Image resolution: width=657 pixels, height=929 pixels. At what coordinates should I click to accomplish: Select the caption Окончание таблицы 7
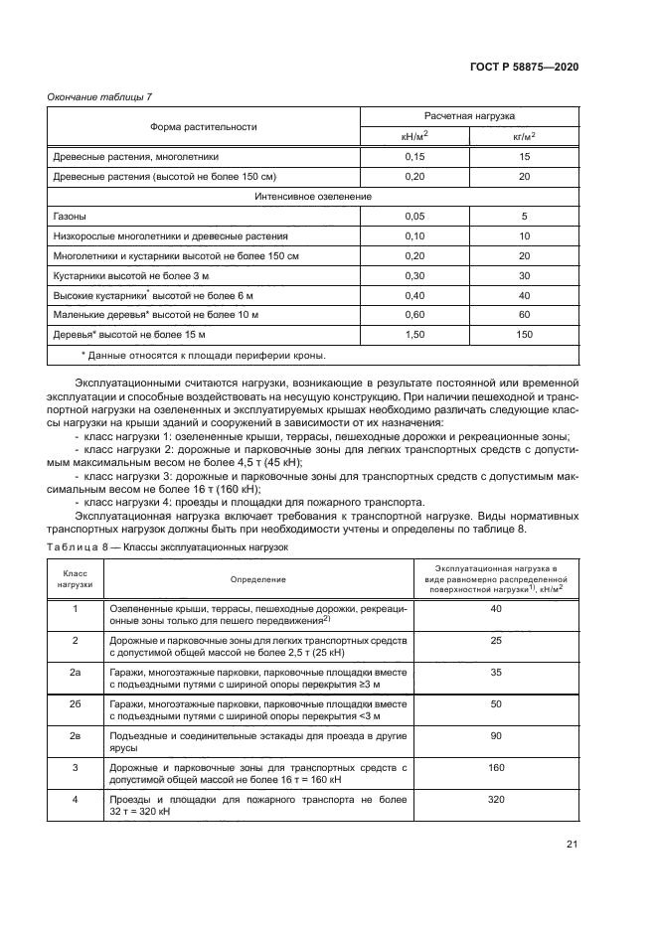pos(98,96)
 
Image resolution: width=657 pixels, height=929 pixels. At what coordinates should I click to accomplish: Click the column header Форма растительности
pos(203,127)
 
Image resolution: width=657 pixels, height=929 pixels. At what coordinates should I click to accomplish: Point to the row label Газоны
pos(69,216)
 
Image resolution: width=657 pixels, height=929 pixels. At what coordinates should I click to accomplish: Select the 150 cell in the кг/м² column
pos(524,335)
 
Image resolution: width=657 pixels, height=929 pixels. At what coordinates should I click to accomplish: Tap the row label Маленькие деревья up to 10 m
pos(155,315)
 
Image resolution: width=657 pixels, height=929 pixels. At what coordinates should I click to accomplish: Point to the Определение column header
pos(258,579)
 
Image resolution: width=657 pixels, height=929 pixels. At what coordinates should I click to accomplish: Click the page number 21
pos(572,845)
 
